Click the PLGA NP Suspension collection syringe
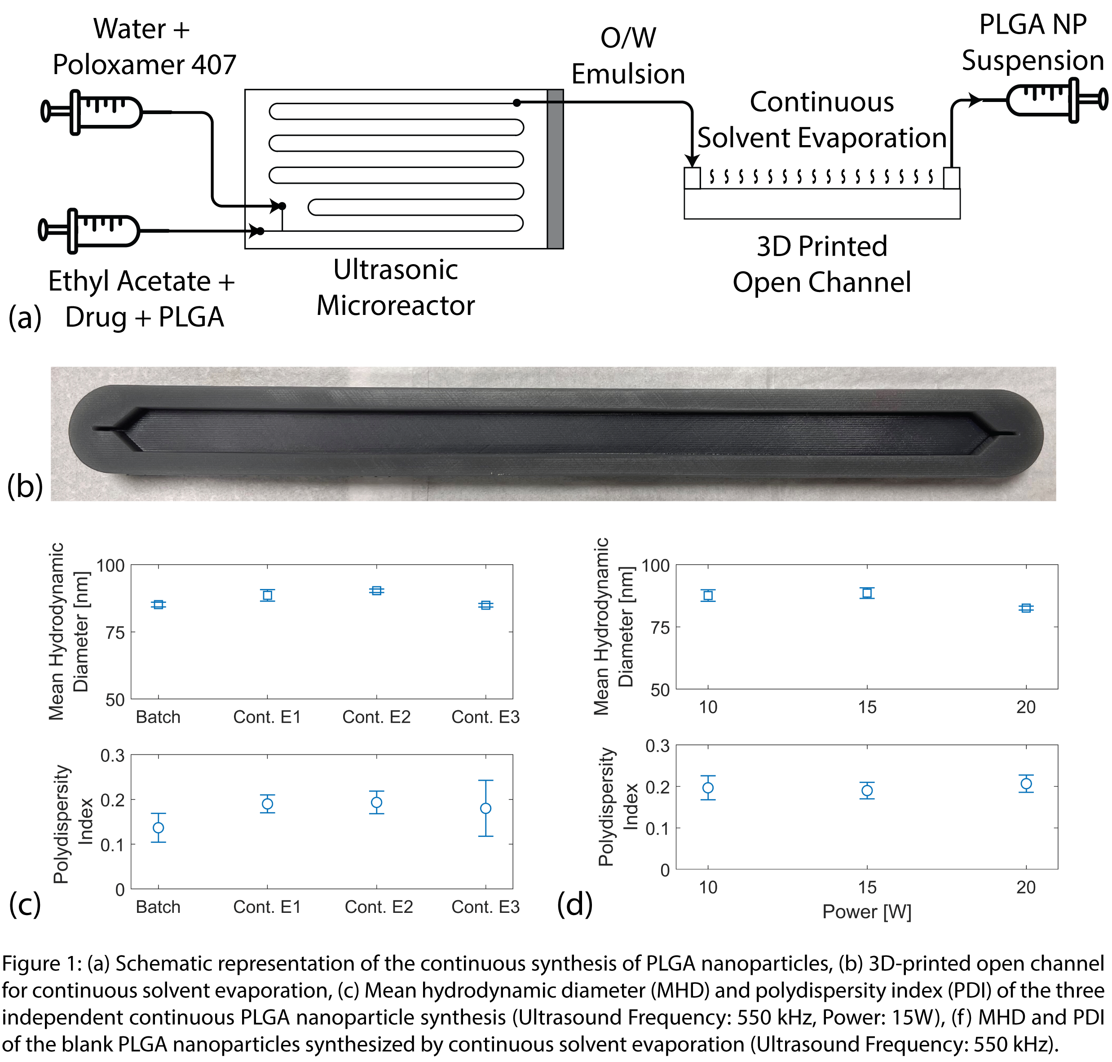[1047, 101]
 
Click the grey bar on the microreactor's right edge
[555, 169]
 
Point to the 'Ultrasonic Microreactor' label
[395, 288]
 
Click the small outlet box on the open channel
[951, 178]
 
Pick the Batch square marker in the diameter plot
[159, 605]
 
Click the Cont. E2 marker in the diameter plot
[376, 590]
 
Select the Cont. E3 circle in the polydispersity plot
[485, 808]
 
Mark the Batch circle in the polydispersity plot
[159, 827]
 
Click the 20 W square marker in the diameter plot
[1026, 608]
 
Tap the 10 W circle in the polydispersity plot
[708, 788]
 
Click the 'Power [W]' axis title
[866, 912]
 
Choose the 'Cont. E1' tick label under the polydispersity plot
[267, 907]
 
